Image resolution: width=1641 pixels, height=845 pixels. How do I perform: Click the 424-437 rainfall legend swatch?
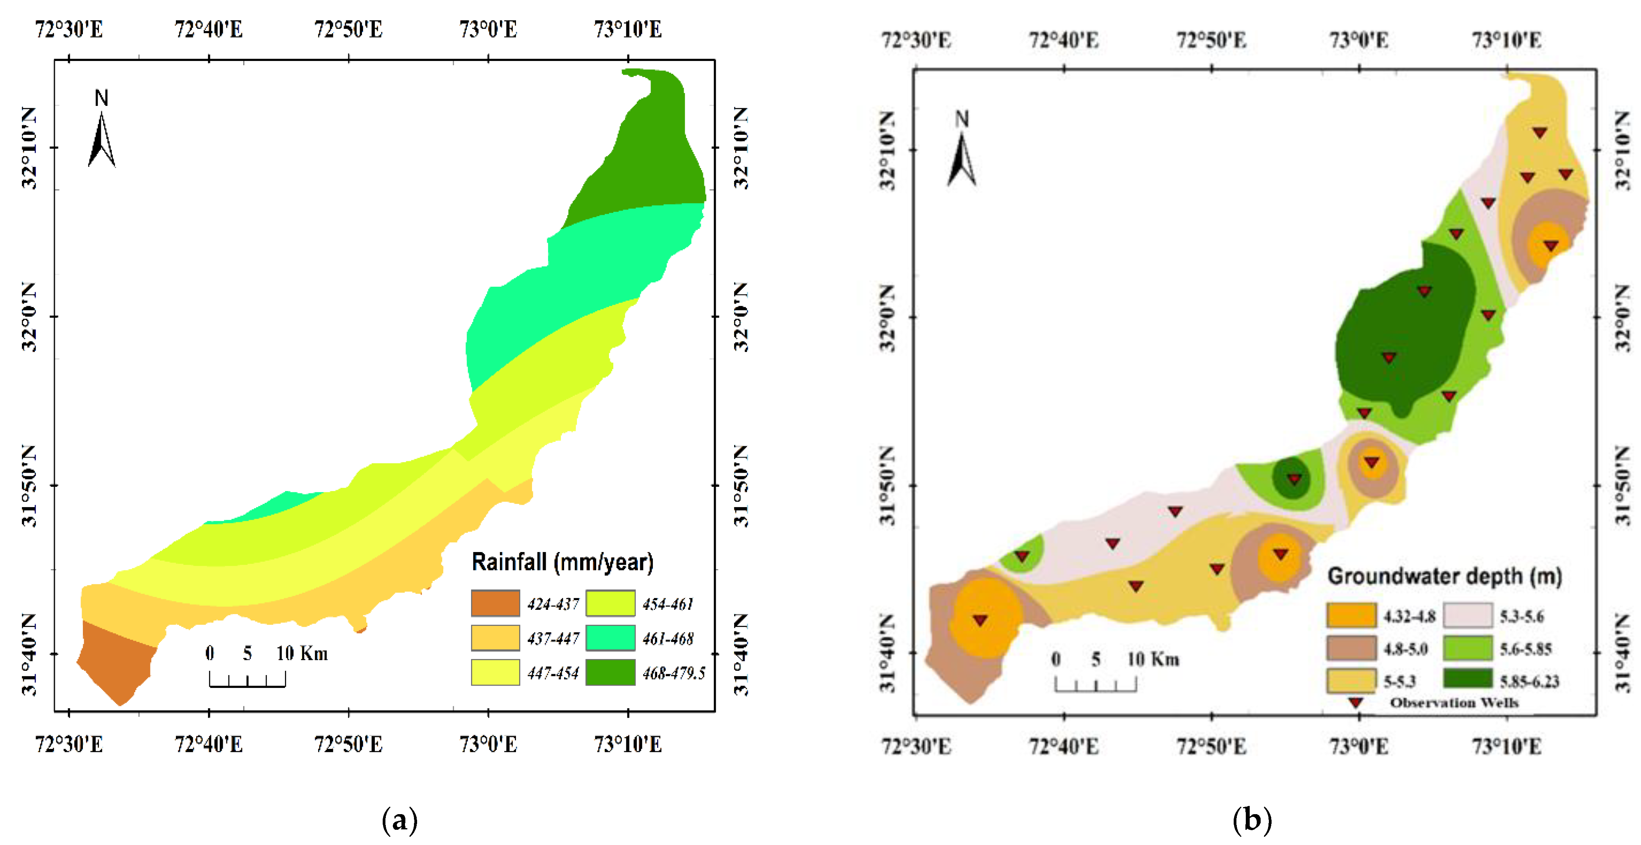[x=495, y=603]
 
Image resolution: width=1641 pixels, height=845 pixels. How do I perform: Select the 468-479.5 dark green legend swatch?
[x=610, y=672]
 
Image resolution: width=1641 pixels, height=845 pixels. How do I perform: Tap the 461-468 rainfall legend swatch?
[x=610, y=638]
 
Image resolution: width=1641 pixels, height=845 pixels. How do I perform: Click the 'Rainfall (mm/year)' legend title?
[x=562, y=562]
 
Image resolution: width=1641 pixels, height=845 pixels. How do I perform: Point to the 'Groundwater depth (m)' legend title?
[x=1444, y=576]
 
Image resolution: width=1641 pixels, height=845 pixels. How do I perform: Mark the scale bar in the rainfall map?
[x=247, y=680]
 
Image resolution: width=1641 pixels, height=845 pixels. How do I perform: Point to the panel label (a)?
[x=400, y=820]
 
